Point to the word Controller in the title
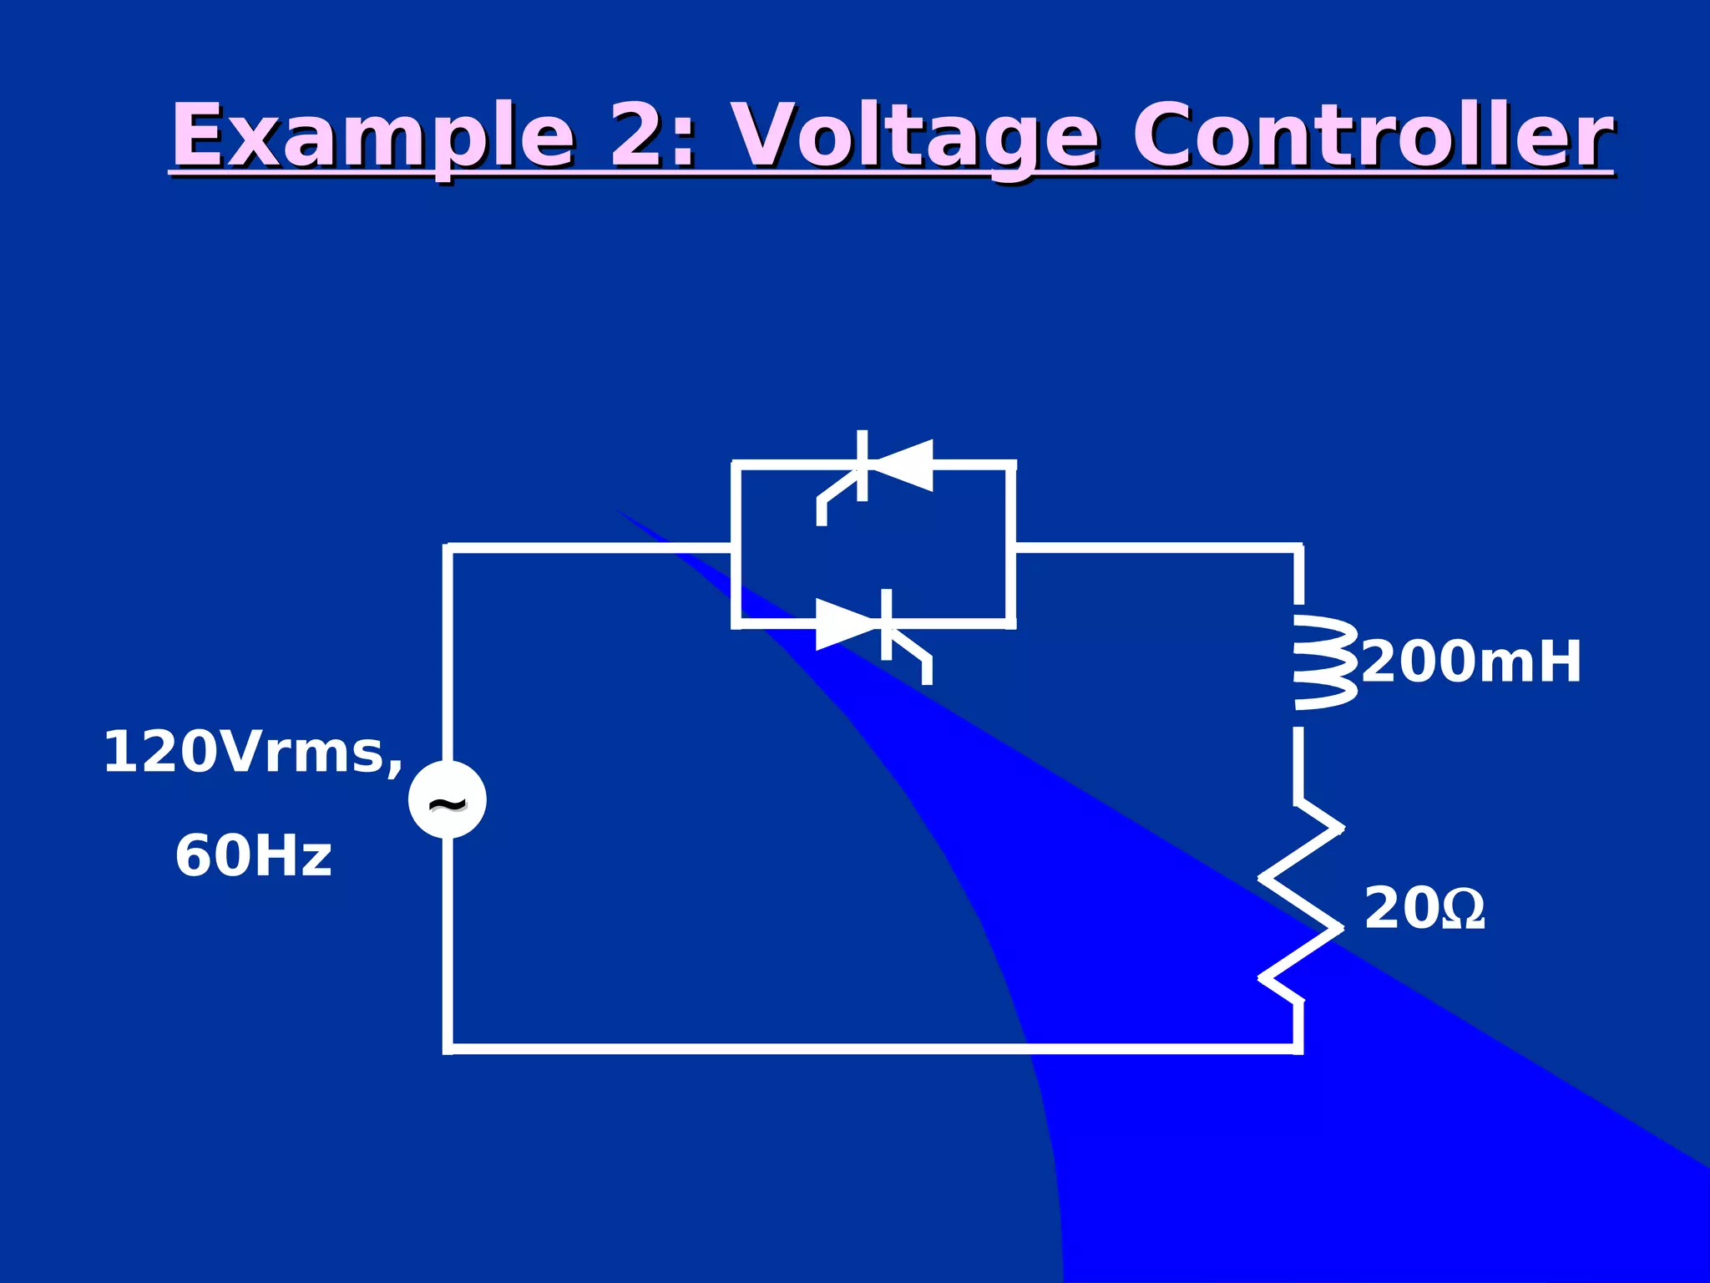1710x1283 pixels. point(1373,136)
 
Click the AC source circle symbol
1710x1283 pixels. point(448,799)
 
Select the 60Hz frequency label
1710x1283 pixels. point(253,857)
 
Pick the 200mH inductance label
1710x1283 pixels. point(1471,662)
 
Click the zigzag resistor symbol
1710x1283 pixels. point(1301,902)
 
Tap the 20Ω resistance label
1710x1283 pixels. point(1424,909)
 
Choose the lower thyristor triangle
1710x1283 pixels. point(847,624)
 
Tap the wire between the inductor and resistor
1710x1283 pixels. point(1298,764)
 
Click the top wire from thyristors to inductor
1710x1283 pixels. point(1156,548)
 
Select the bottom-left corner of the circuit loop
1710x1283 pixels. point(448,1048)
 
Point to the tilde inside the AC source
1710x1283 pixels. point(448,804)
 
